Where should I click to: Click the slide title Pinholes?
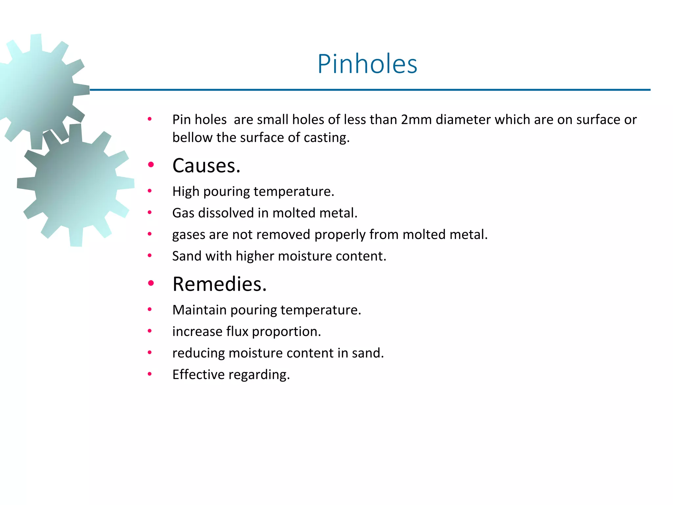coord(367,64)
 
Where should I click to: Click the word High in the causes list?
coord(186,192)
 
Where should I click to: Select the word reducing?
coord(198,353)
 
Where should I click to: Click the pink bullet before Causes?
coord(151,165)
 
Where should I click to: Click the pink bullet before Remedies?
coord(151,283)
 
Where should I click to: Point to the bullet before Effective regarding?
coord(150,374)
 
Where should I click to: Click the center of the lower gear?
coord(76,186)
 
